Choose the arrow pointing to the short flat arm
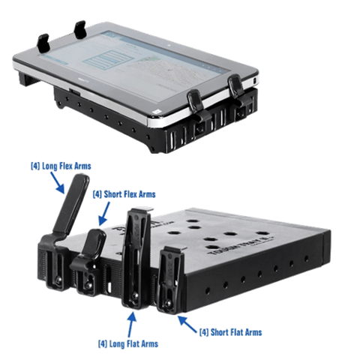coord(183,320)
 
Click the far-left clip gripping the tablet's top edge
coord(43,34)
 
